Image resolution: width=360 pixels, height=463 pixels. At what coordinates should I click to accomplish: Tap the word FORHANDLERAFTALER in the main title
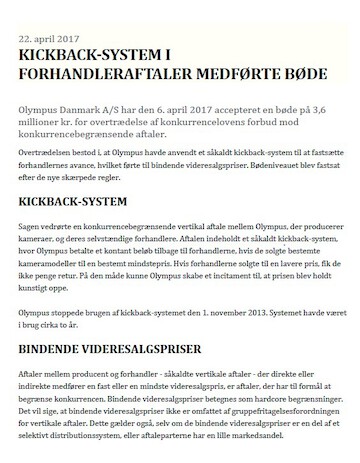tap(104, 70)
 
